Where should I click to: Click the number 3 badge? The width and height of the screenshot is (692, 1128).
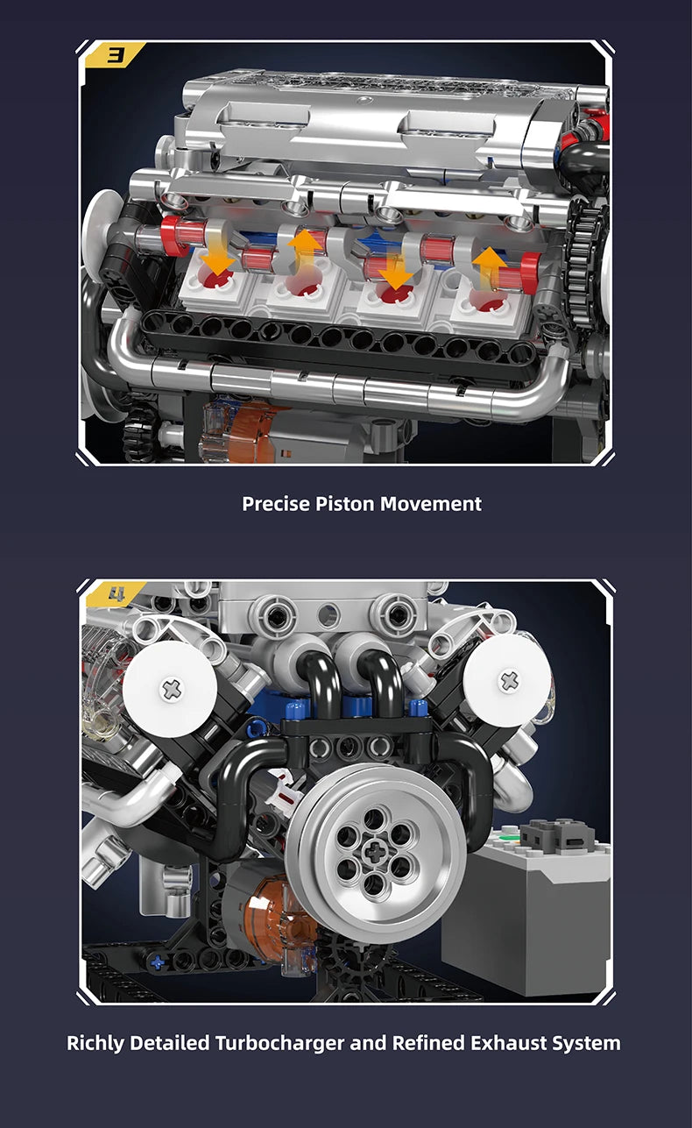115,56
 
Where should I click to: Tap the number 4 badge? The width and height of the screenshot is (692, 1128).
115,595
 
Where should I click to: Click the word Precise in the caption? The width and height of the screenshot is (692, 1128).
276,504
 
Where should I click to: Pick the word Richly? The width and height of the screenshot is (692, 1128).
95,1043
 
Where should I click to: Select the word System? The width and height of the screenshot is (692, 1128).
586,1043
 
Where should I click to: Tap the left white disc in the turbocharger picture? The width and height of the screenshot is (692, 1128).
171,688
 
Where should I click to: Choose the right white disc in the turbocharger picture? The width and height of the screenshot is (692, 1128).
509,680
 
